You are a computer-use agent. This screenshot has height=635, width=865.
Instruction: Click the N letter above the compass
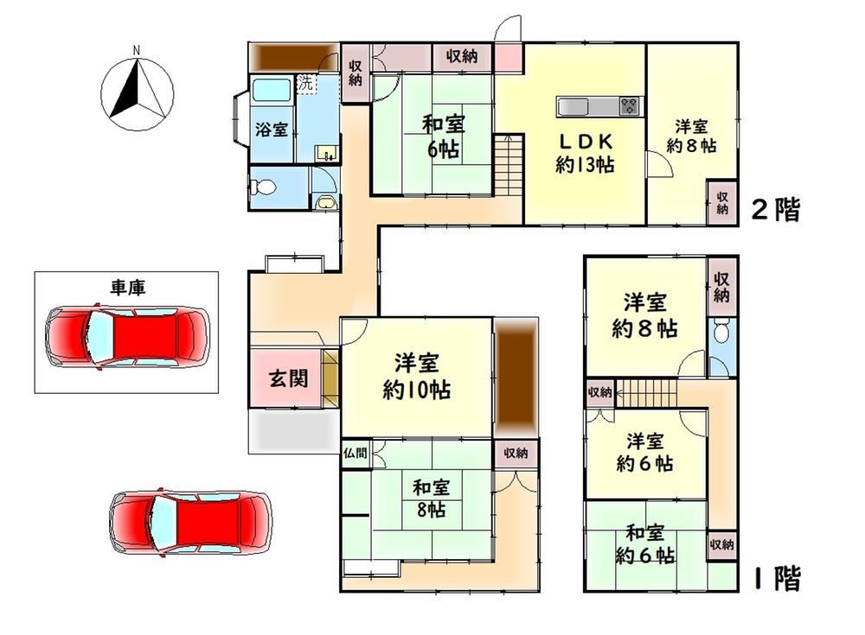pyautogui.click(x=137, y=50)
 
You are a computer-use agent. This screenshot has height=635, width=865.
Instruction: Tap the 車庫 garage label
pyautogui.click(x=127, y=287)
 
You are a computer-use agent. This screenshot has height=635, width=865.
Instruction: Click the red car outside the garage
pyautogui.click(x=191, y=521)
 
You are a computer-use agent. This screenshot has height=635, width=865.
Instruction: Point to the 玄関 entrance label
pyautogui.click(x=288, y=378)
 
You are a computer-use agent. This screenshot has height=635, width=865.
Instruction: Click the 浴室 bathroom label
pyautogui.click(x=272, y=130)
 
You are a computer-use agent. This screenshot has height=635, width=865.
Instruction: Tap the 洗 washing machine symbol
pyautogui.click(x=305, y=83)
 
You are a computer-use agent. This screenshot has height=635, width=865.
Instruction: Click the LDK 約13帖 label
pyautogui.click(x=585, y=153)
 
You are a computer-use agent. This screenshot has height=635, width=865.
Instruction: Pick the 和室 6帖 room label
pyautogui.click(x=443, y=137)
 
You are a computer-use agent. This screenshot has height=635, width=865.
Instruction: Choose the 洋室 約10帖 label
pyautogui.click(x=417, y=377)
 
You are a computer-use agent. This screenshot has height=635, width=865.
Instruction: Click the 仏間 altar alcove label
pyautogui.click(x=355, y=454)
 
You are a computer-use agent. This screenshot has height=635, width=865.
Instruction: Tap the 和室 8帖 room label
pyautogui.click(x=432, y=498)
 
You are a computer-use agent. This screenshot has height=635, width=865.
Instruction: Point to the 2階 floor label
pyautogui.click(x=776, y=209)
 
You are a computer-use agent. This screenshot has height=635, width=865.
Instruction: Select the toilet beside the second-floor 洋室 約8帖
pyautogui.click(x=721, y=332)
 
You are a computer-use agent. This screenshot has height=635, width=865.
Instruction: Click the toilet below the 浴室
pyautogui.click(x=263, y=187)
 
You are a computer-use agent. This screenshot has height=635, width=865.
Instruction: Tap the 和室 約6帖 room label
pyautogui.click(x=645, y=544)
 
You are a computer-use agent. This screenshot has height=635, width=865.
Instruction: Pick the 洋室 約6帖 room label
pyautogui.click(x=645, y=453)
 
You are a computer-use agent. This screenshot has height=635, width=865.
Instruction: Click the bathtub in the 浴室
pyautogui.click(x=272, y=90)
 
